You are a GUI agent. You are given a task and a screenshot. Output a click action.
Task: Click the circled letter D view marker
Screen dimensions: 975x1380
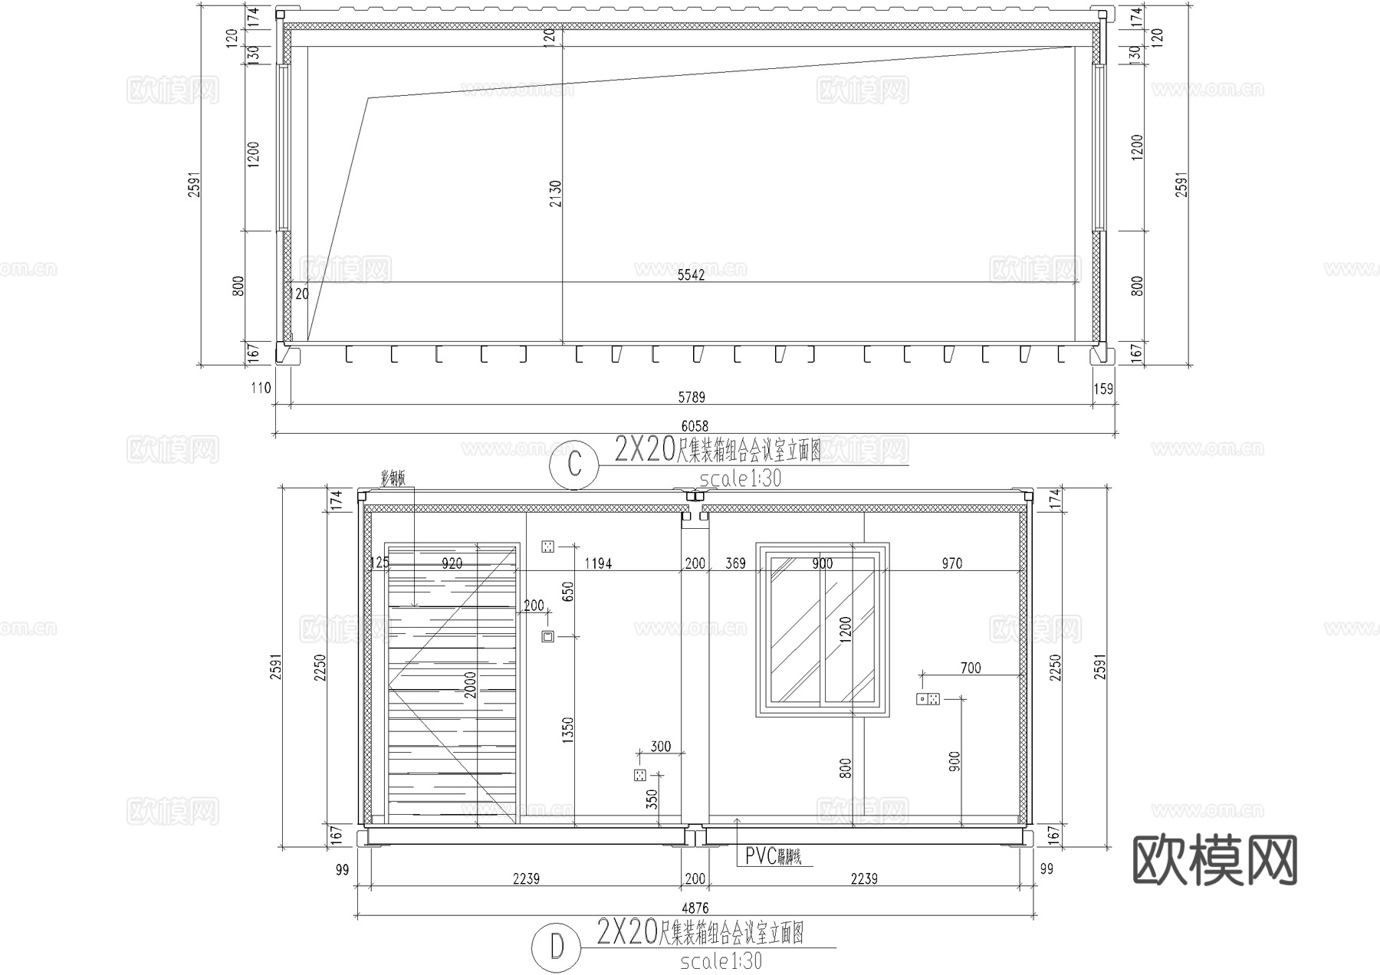click(557, 947)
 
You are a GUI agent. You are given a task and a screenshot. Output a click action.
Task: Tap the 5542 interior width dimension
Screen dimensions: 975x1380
click(691, 275)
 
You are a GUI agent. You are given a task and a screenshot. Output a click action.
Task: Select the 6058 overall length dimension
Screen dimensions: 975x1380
click(695, 426)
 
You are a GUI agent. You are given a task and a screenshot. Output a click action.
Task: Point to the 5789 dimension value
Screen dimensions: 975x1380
click(692, 397)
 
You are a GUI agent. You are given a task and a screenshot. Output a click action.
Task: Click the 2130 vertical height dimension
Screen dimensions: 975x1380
click(556, 193)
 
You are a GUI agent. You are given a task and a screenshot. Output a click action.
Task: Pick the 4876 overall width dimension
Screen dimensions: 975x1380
click(695, 908)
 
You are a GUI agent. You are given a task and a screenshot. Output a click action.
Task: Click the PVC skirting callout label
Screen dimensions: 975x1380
click(773, 856)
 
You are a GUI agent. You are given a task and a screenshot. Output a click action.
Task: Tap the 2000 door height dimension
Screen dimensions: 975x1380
click(470, 684)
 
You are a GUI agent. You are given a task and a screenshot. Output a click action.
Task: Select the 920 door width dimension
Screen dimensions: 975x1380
click(452, 563)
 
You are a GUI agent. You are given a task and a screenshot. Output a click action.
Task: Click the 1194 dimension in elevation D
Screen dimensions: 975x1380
click(598, 563)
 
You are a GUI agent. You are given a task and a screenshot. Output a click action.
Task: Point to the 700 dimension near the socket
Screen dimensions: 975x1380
click(971, 668)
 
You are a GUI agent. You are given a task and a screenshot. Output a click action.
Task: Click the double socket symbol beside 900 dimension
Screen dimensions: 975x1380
click(928, 698)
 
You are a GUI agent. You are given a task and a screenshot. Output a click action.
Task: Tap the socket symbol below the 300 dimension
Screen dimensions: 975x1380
click(639, 775)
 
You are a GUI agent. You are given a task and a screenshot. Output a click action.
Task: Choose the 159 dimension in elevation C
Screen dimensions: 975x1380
click(1102, 389)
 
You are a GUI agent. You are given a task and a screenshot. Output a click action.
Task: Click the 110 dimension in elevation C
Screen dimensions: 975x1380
click(261, 388)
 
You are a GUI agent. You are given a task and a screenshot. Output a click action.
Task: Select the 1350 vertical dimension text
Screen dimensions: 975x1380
click(567, 730)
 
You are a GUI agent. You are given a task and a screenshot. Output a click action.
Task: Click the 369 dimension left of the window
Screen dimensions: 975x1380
click(735, 563)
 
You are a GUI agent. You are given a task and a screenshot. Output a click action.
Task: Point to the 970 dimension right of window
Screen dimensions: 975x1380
click(951, 563)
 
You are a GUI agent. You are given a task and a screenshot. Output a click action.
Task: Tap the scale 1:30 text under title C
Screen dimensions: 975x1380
click(740, 479)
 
